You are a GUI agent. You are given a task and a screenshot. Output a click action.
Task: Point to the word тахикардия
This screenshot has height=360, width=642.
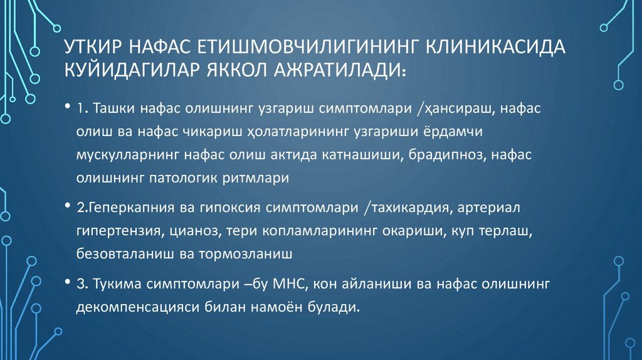405,208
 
